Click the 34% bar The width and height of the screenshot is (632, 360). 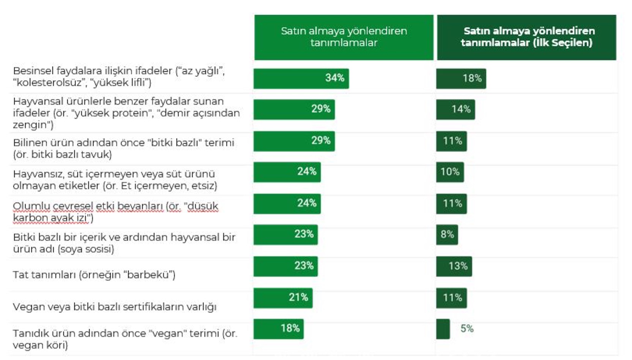(x=301, y=79)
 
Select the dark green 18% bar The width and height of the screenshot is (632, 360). (x=461, y=79)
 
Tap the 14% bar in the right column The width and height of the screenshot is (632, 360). (x=455, y=109)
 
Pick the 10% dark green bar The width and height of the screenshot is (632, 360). (x=450, y=172)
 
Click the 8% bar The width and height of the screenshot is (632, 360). (x=447, y=235)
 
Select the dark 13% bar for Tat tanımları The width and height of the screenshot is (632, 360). (x=454, y=266)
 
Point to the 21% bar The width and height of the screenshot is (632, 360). (x=283, y=298)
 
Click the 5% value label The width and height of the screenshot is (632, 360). (x=467, y=329)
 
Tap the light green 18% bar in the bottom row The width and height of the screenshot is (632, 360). (x=278, y=329)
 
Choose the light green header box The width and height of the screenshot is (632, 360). (x=344, y=37)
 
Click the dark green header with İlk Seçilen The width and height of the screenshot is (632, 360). (x=526, y=37)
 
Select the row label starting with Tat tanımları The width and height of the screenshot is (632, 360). (x=94, y=275)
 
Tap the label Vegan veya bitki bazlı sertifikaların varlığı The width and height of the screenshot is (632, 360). (x=115, y=307)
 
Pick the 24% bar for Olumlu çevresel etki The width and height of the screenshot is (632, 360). (x=287, y=204)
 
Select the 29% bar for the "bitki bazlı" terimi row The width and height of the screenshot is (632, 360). (x=294, y=141)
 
